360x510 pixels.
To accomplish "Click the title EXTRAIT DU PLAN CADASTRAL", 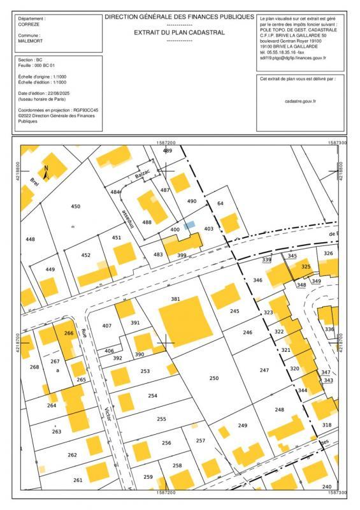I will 179,32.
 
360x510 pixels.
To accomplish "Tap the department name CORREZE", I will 30,25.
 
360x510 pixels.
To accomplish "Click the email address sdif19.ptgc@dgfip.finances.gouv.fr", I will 292,57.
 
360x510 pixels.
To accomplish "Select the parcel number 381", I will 176,298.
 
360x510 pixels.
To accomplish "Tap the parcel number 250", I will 214,378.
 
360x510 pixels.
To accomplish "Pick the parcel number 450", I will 76,207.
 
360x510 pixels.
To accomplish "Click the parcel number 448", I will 30,239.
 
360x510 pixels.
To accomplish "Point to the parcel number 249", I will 242,425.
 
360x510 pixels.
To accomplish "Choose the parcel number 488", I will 147,222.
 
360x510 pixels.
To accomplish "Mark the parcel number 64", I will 221,203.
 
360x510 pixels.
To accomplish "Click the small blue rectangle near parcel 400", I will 189,225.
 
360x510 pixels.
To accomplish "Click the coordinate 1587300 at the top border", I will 338,143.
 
